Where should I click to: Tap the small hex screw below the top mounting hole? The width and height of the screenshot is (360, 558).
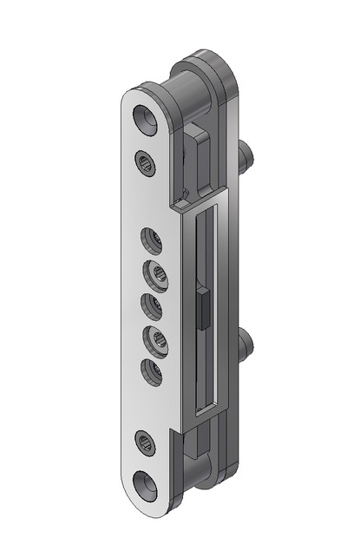(x=146, y=161)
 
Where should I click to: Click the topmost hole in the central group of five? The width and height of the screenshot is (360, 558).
(x=151, y=236)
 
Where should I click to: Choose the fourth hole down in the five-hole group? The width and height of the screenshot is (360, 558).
(x=157, y=337)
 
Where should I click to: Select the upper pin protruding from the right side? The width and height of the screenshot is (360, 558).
(x=246, y=155)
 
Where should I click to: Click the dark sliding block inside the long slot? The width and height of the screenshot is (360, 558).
(x=201, y=309)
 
